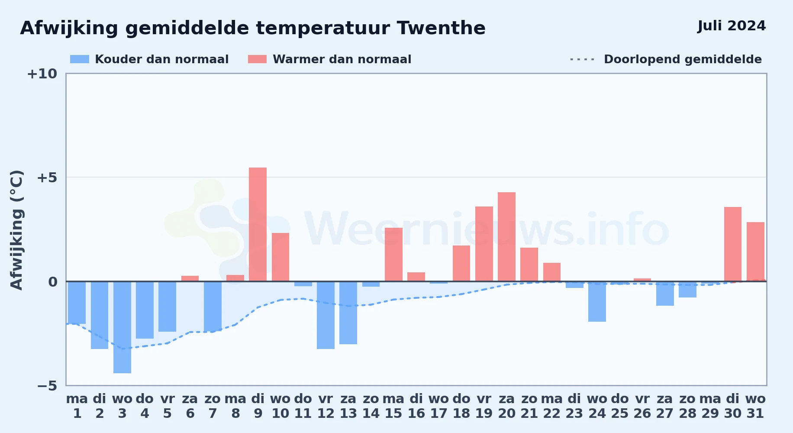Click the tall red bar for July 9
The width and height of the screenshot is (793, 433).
tap(258, 224)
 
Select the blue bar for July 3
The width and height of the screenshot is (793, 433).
tap(122, 327)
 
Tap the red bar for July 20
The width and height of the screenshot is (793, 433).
tap(506, 237)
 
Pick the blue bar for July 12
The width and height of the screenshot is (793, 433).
tap(326, 315)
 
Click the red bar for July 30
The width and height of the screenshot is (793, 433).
tap(733, 244)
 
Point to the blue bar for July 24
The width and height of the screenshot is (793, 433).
tap(597, 301)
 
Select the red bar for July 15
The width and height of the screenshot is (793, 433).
tap(393, 255)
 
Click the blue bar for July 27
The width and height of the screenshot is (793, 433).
tap(665, 294)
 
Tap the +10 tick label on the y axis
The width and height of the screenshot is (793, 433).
tap(42, 74)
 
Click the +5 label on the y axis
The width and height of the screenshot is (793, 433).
tap(47, 178)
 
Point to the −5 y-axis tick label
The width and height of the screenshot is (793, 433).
tap(47, 386)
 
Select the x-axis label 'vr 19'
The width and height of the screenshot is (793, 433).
tap(484, 406)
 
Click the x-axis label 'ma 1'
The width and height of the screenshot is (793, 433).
tap(77, 406)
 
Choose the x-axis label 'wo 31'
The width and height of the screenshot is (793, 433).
tap(755, 406)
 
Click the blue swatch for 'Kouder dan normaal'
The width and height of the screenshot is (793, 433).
tap(80, 59)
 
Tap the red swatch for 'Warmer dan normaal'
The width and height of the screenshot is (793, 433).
tap(257, 59)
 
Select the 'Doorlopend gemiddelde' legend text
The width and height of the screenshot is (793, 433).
tap(683, 59)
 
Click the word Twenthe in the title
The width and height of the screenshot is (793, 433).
tap(441, 28)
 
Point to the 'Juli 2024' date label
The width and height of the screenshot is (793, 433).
tap(732, 26)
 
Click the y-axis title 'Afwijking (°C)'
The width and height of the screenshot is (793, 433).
tap(16, 230)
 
